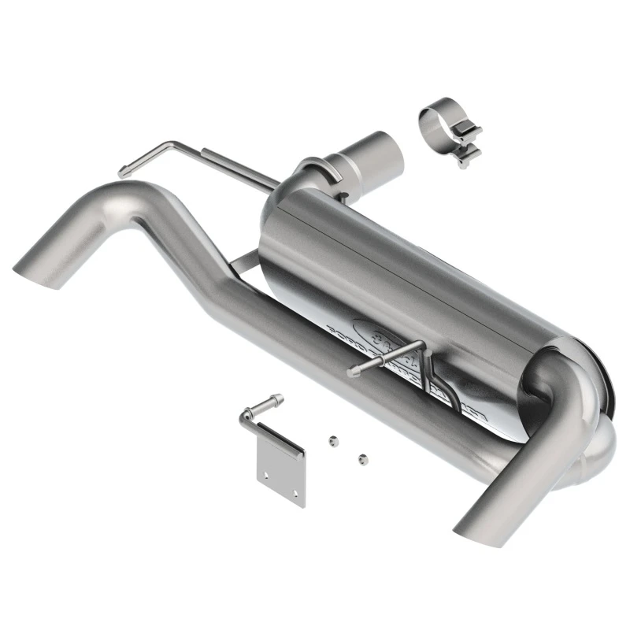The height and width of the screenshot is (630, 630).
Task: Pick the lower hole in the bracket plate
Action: click(295, 492)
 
